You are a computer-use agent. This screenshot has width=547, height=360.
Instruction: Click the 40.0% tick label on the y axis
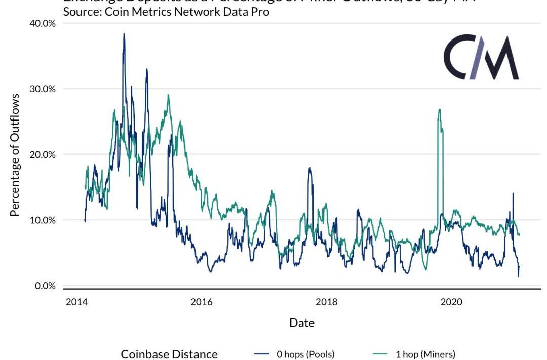coord(41,23)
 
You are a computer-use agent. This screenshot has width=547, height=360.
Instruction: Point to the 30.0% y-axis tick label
coord(41,89)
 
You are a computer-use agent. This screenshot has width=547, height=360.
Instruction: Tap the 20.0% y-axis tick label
coord(41,154)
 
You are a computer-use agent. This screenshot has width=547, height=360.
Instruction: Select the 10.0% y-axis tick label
coord(41,220)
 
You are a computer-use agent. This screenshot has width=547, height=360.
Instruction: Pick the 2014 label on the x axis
coord(76,302)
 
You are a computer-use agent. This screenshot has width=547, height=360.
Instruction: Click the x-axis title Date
coord(302,323)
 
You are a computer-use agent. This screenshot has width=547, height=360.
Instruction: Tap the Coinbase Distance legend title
coord(169,354)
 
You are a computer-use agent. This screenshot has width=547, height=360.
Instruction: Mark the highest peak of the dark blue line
coord(124,34)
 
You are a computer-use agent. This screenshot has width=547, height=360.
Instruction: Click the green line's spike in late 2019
coord(440,110)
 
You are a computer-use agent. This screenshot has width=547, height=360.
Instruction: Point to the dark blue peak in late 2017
coord(309,168)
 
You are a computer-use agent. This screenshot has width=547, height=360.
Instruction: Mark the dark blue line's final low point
coord(518,276)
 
